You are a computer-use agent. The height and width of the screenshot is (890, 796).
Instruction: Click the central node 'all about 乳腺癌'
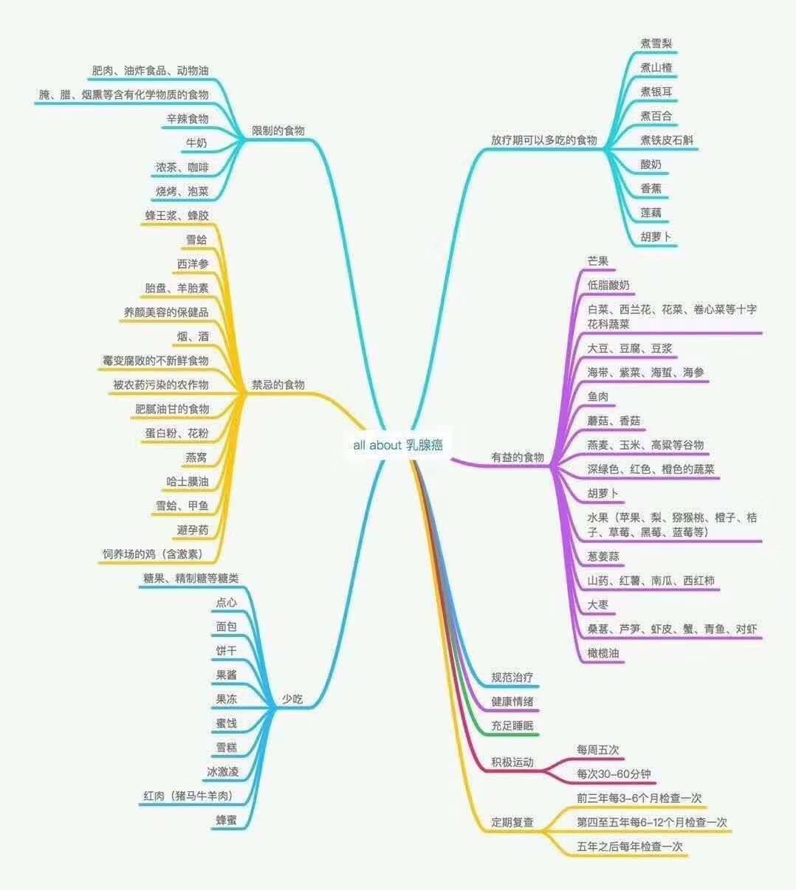tap(398, 445)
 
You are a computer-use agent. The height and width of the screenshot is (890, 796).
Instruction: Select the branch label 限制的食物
tap(278, 131)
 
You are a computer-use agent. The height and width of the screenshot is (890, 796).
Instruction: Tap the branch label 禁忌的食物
tap(278, 384)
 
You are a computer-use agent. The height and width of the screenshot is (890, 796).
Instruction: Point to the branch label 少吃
tap(292, 699)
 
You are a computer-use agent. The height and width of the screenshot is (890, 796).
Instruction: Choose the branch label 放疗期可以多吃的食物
tap(543, 140)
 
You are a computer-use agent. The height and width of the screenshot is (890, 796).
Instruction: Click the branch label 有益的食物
tap(518, 458)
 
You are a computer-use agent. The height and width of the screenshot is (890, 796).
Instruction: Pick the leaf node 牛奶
tap(196, 142)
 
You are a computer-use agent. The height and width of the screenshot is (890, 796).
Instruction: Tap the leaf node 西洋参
tap(193, 264)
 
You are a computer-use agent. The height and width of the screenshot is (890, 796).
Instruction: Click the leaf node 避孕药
tap(193, 530)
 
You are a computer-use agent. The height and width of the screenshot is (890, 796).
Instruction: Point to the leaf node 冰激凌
tap(222, 772)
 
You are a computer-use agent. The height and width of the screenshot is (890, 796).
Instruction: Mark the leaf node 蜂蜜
tap(226, 820)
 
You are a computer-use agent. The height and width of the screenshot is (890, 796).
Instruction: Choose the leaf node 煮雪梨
tap(656, 44)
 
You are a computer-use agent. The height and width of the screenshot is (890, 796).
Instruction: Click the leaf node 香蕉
tap(651, 188)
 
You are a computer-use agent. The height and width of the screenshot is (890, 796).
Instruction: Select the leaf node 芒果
tap(598, 261)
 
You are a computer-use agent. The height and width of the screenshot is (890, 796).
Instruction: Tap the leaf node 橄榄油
tap(603, 653)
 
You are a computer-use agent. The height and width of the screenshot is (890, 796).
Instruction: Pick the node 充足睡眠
tap(512, 725)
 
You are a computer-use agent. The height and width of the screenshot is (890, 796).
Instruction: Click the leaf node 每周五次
tap(598, 750)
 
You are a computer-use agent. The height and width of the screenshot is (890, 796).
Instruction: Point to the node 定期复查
tap(512, 822)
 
